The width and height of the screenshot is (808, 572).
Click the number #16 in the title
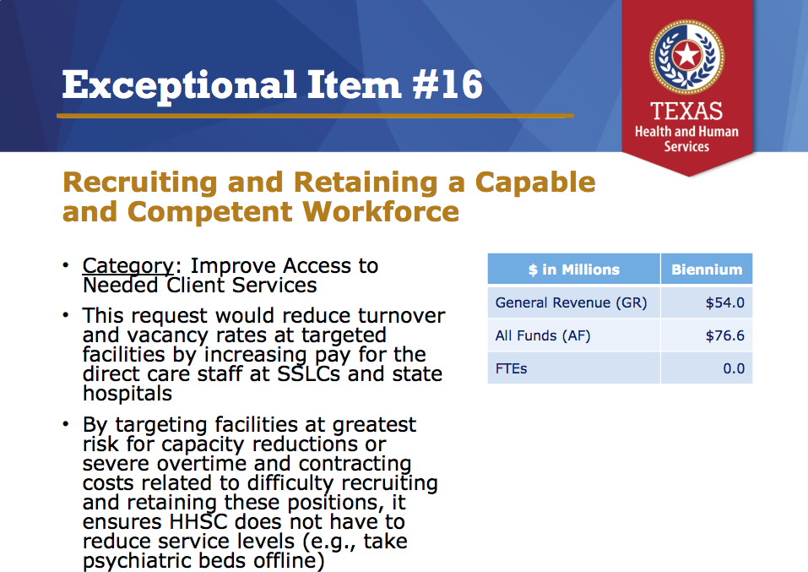click(447, 84)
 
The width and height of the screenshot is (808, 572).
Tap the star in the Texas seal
click(687, 55)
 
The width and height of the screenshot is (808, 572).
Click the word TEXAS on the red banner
click(686, 111)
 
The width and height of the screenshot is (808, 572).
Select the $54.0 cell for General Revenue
click(725, 302)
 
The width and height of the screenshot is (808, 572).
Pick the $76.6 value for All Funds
click(725, 335)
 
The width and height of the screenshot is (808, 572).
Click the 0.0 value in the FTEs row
click(734, 368)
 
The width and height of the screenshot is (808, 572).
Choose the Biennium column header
click(707, 270)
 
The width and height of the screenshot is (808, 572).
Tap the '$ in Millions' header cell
click(573, 270)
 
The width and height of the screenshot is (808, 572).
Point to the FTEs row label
click(511, 368)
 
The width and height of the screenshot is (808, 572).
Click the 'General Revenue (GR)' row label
click(571, 302)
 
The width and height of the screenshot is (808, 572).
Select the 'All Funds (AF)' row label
click(543, 335)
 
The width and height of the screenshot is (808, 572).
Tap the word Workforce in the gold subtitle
click(380, 211)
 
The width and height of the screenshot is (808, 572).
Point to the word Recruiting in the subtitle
click(139, 183)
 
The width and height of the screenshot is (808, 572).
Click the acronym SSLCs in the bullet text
click(309, 373)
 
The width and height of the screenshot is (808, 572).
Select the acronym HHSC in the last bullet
click(198, 521)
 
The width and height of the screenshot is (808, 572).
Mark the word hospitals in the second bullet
click(127, 394)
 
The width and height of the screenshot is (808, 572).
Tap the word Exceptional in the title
click(179, 85)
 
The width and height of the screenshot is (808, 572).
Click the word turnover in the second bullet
click(401, 315)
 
